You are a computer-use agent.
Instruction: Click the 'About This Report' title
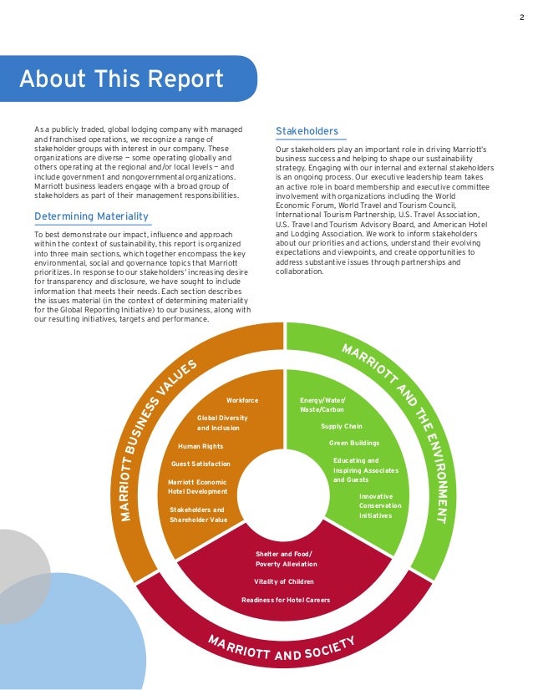(122, 79)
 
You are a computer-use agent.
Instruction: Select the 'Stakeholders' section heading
(307, 131)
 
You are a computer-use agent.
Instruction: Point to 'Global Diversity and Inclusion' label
(221, 423)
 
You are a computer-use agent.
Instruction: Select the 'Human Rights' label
(201, 446)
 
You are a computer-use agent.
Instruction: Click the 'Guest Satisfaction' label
(201, 464)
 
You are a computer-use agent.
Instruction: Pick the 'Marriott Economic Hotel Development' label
(197, 487)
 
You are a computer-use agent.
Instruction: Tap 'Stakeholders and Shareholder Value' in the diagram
(198, 515)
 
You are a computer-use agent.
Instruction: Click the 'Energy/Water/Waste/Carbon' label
(322, 405)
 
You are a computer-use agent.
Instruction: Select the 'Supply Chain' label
(342, 426)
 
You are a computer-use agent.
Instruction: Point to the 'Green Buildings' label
(354, 443)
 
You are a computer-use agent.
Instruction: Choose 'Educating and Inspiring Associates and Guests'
(365, 470)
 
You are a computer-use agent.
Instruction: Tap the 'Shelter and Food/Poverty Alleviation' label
(286, 560)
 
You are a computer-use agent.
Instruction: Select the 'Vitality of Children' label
(285, 581)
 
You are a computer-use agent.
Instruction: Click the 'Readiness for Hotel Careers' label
(285, 600)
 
